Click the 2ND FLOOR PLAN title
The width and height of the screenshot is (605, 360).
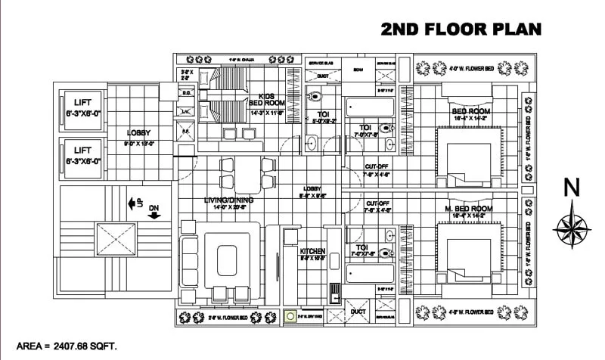(x=461, y=29)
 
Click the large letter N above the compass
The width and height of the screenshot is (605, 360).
(x=572, y=187)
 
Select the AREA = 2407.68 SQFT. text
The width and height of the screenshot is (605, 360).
(x=67, y=348)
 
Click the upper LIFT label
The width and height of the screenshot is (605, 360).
(x=82, y=103)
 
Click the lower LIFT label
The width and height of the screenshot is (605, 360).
(x=82, y=151)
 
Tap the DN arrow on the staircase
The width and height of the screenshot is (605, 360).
(x=155, y=213)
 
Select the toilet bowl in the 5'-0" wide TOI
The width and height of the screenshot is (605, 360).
(x=315, y=97)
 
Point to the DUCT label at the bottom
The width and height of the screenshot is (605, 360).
(x=358, y=311)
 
